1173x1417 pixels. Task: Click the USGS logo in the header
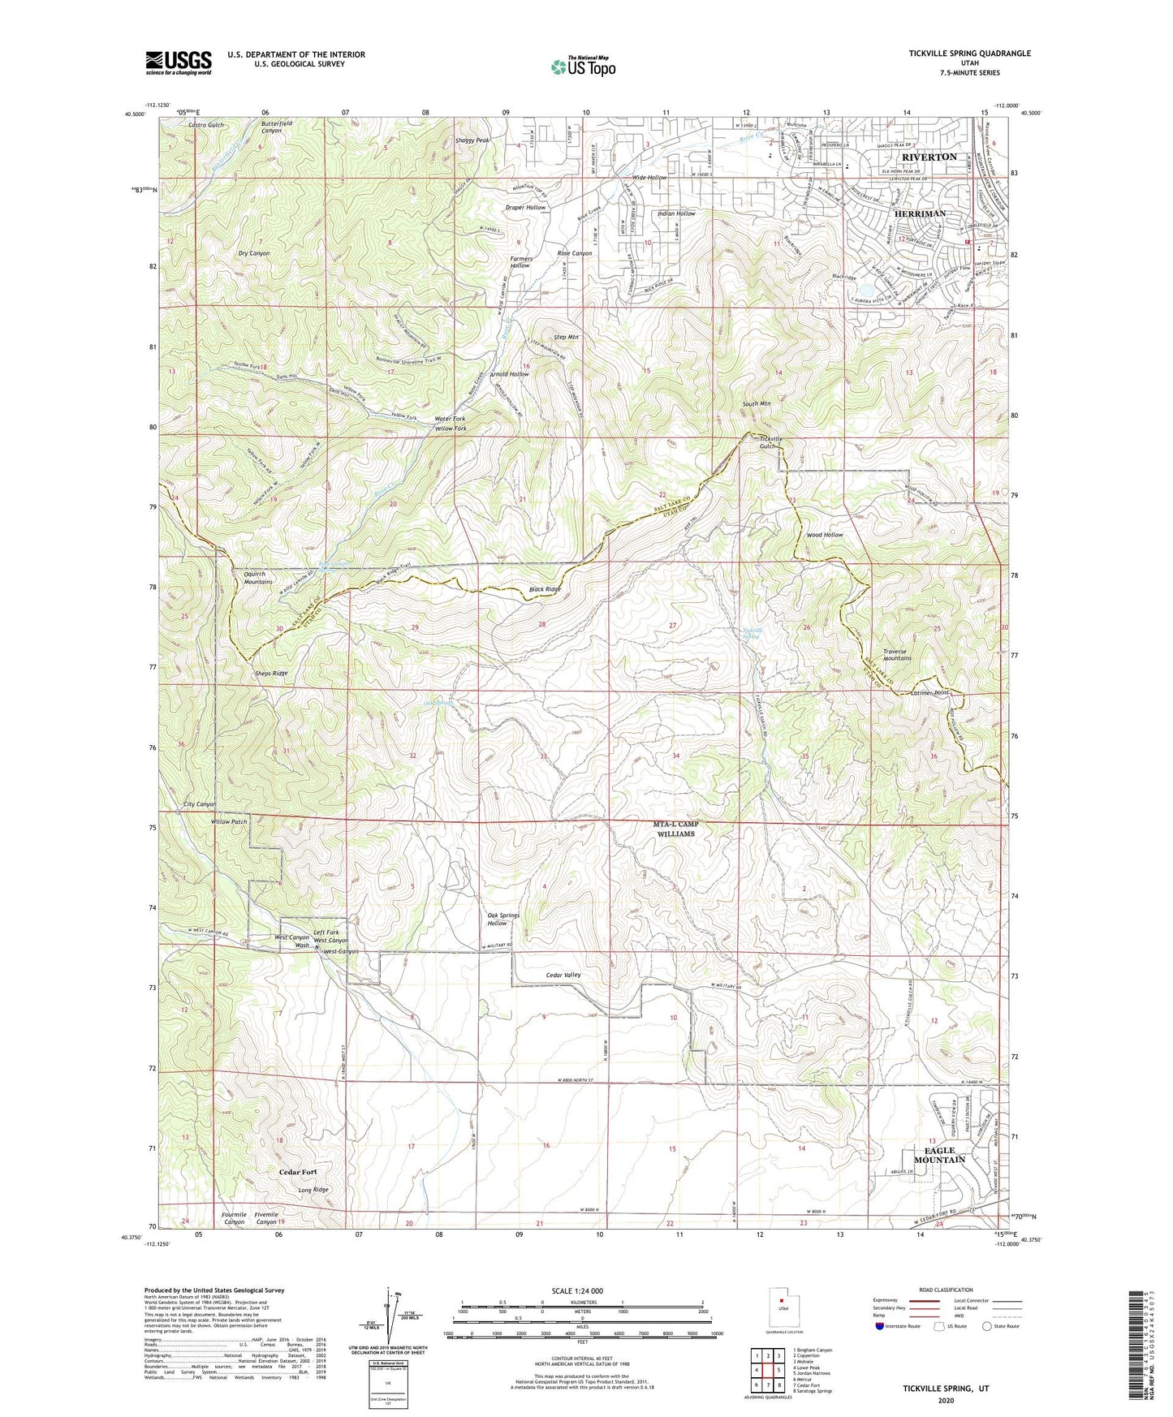coord(179,62)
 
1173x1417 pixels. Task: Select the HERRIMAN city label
coord(920,213)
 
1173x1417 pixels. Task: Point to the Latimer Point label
coord(929,692)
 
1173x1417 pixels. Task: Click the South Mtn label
coord(756,403)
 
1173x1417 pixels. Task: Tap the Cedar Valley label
coord(563,975)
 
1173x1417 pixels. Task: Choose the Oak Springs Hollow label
coord(502,919)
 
